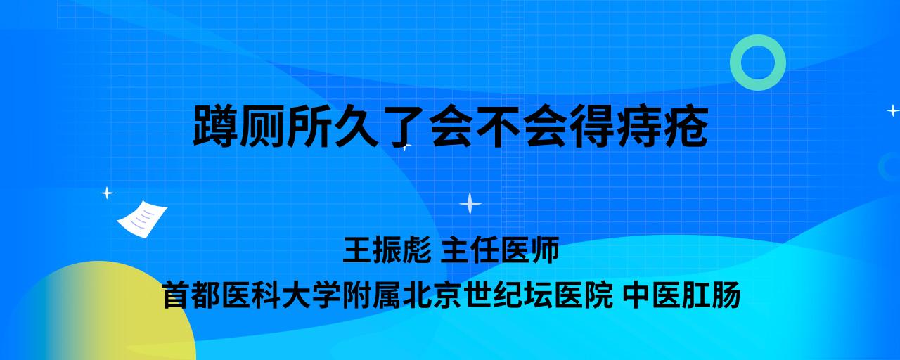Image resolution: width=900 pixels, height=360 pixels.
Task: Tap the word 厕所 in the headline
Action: pos(286,126)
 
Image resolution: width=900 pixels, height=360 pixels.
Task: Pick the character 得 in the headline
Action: pos(593,126)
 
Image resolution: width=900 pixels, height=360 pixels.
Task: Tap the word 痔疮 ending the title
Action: pos(662,126)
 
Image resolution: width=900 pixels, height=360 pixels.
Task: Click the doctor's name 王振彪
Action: pos(387,250)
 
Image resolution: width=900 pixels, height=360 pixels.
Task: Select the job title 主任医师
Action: pos(500,250)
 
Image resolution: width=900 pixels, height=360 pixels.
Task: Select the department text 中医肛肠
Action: pos(682,295)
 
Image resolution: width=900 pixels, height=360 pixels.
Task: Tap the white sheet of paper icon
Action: pos(142,219)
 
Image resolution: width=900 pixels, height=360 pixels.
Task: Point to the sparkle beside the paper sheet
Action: pos(107,193)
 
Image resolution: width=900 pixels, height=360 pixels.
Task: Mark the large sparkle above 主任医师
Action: pos(470,203)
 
